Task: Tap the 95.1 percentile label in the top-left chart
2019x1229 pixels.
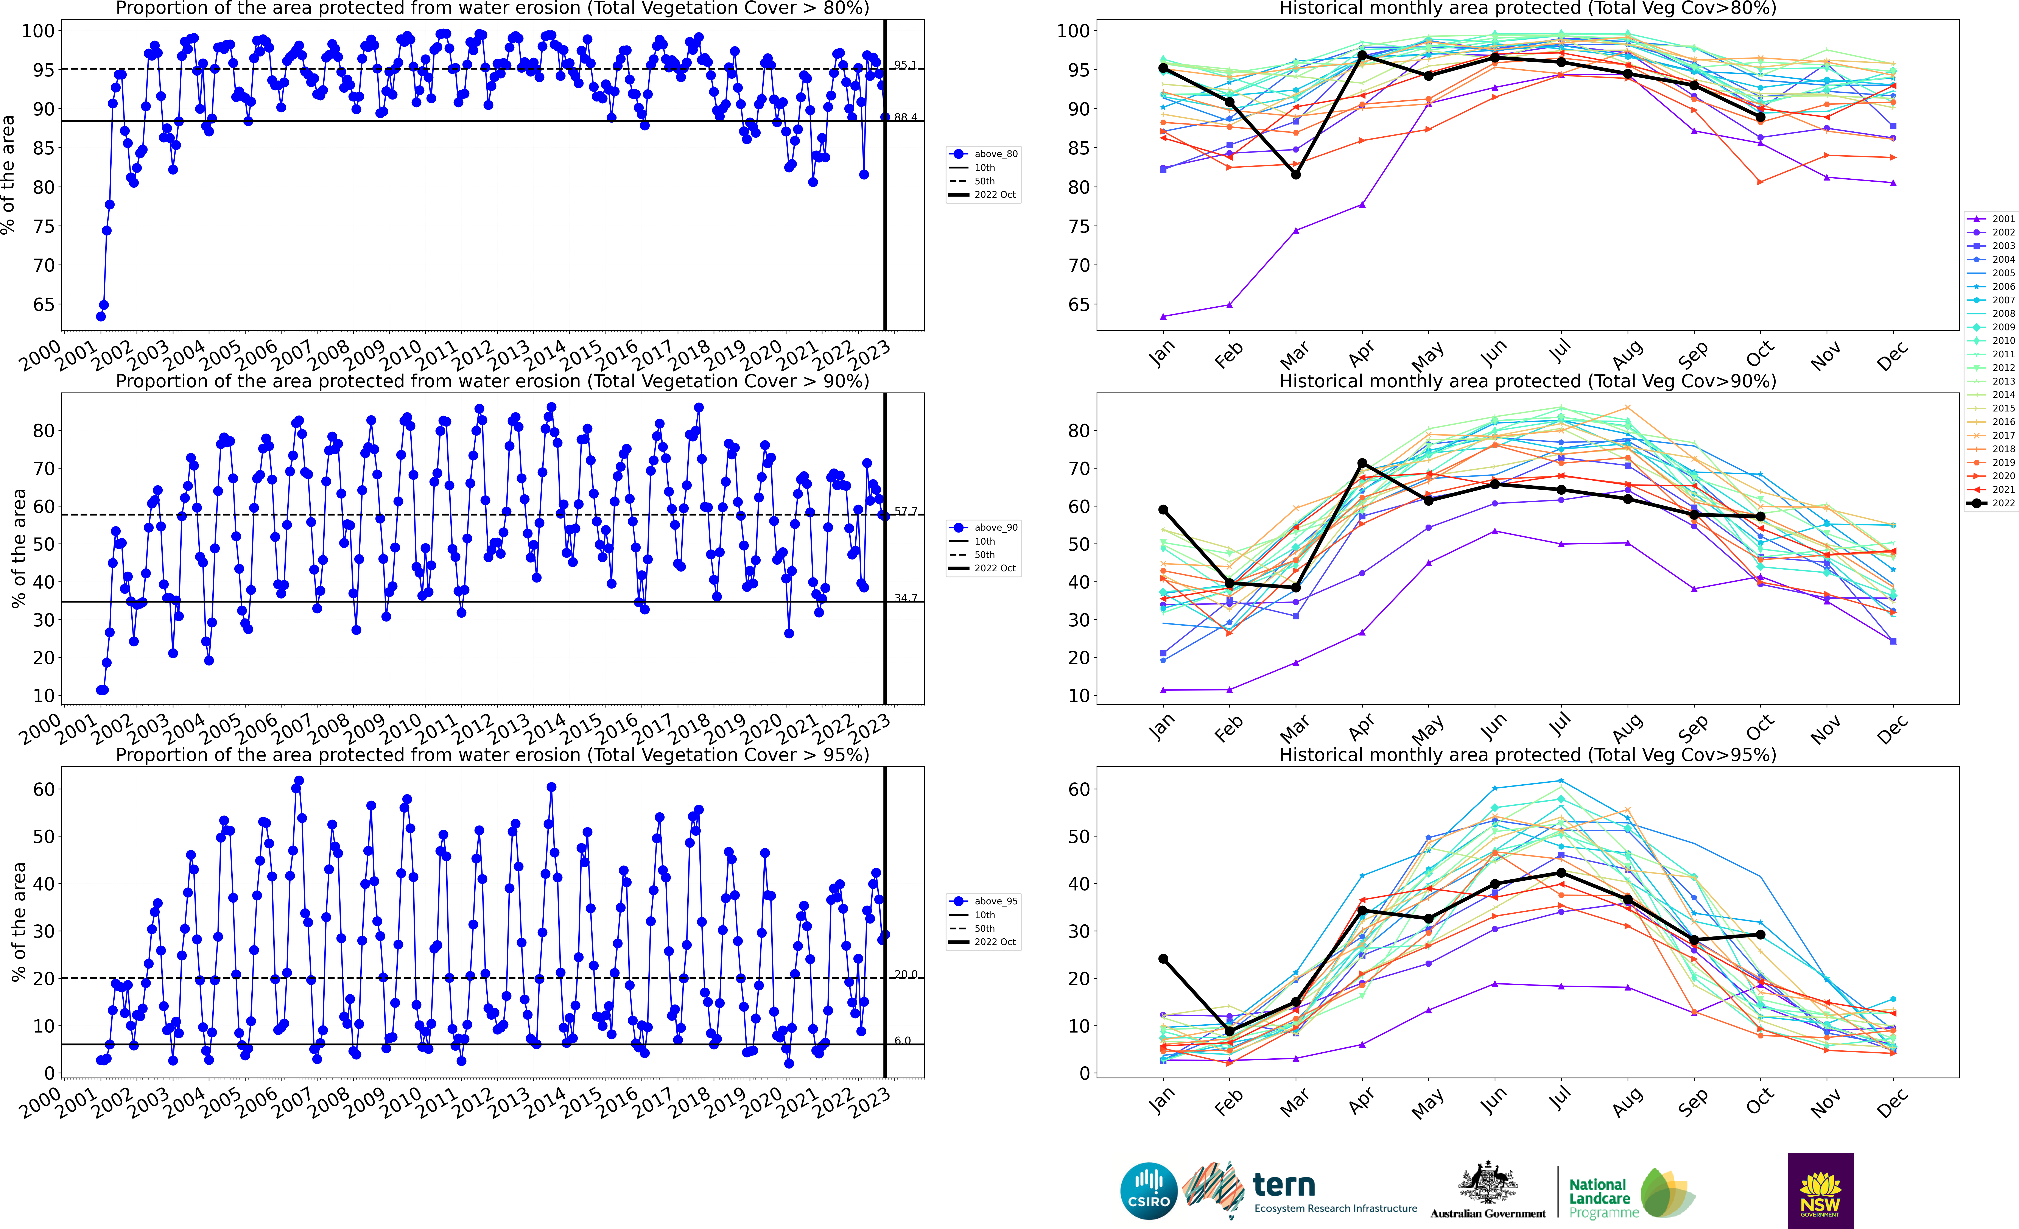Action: pyautogui.click(x=905, y=65)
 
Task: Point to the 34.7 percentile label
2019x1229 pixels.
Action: pyautogui.click(x=905, y=598)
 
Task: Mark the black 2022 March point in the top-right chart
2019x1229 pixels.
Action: pyautogui.click(x=1295, y=174)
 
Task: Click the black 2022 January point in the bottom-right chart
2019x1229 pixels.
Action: pyautogui.click(x=1163, y=959)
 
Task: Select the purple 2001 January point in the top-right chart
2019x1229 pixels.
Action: pyautogui.click(x=1163, y=316)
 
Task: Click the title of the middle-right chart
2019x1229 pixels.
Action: pyautogui.click(x=1527, y=382)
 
